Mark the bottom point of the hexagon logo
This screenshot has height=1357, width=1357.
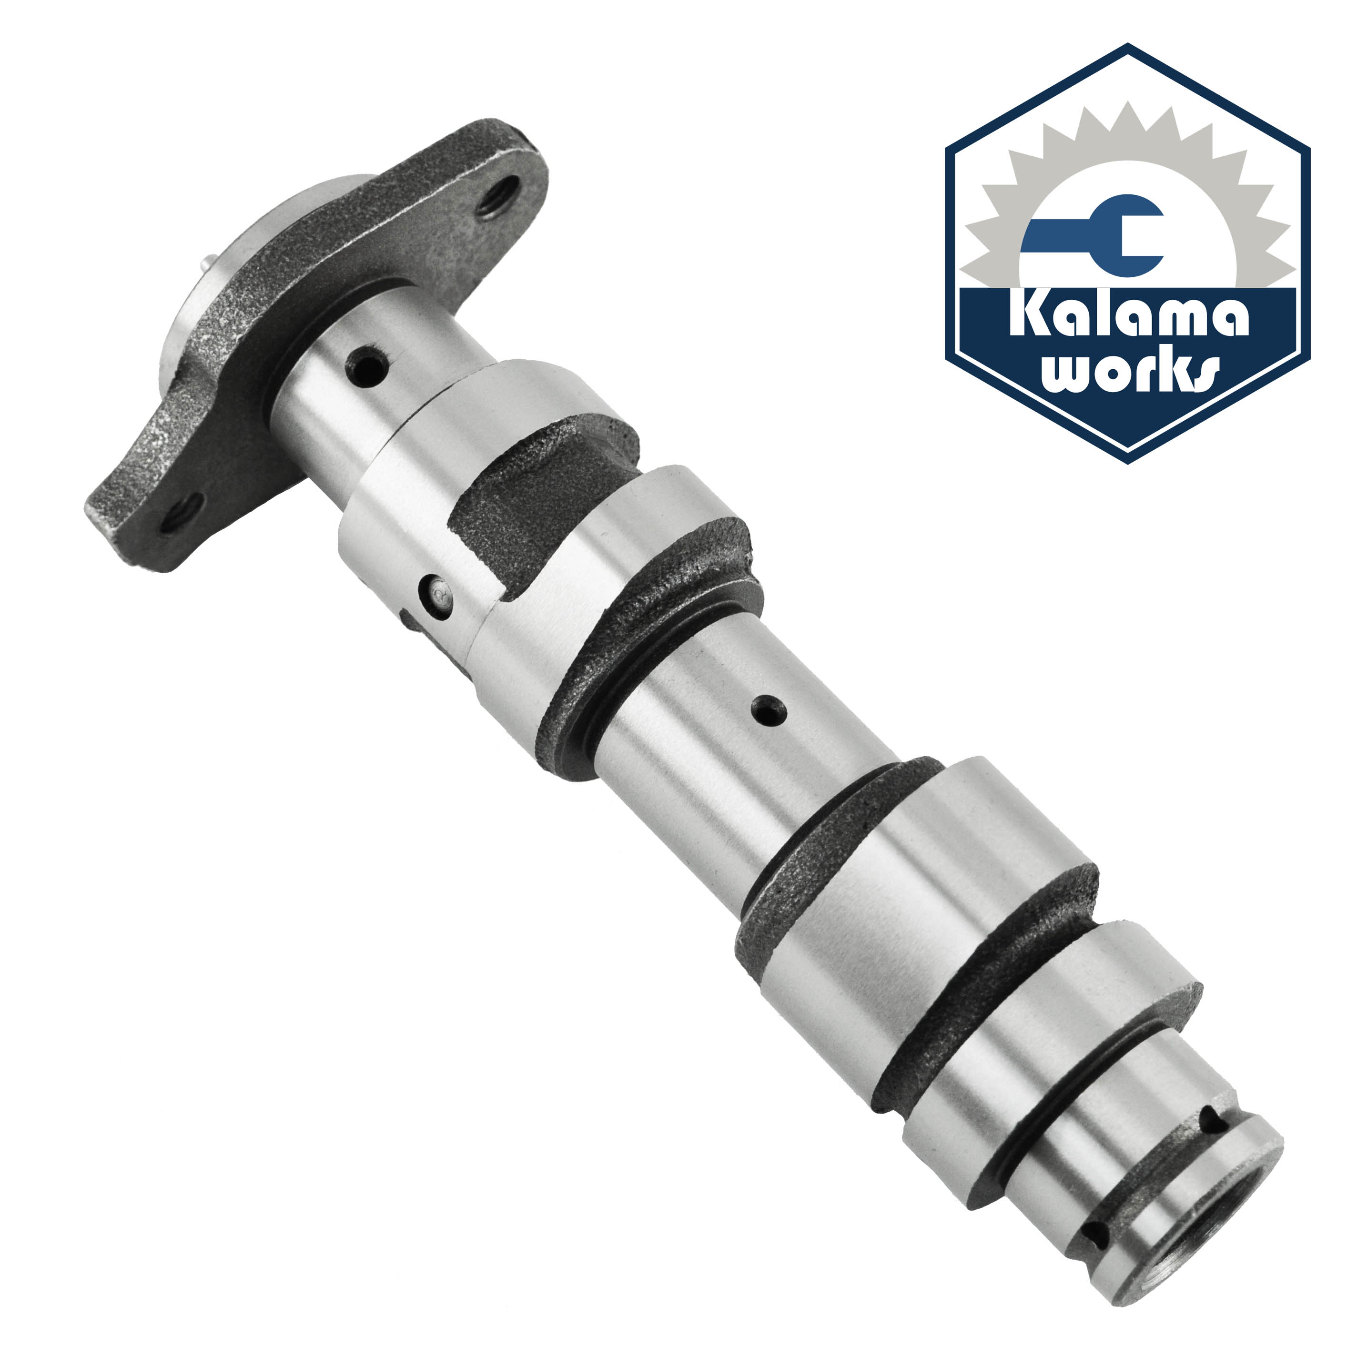tap(1128, 463)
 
